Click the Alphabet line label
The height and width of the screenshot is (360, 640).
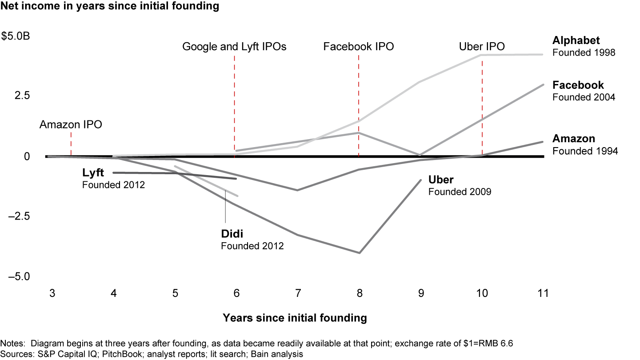(576, 40)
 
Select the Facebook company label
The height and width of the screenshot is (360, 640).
(578, 85)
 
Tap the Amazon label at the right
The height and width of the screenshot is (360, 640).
(574, 139)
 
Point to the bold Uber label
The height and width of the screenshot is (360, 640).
(441, 180)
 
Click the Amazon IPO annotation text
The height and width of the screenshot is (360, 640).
(71, 125)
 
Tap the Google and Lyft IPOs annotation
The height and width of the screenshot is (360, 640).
(234, 47)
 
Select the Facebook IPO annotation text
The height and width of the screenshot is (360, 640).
(359, 47)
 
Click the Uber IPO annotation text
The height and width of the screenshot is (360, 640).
(482, 47)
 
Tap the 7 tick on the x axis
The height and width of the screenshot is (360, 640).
(298, 294)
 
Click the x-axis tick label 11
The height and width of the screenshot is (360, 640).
(543, 294)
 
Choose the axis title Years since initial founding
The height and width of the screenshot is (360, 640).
(295, 318)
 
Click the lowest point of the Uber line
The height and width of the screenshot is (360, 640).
(359, 253)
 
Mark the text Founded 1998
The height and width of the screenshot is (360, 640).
(584, 52)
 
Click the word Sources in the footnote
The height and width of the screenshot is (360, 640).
(13, 354)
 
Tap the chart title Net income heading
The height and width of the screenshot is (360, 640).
(110, 6)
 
